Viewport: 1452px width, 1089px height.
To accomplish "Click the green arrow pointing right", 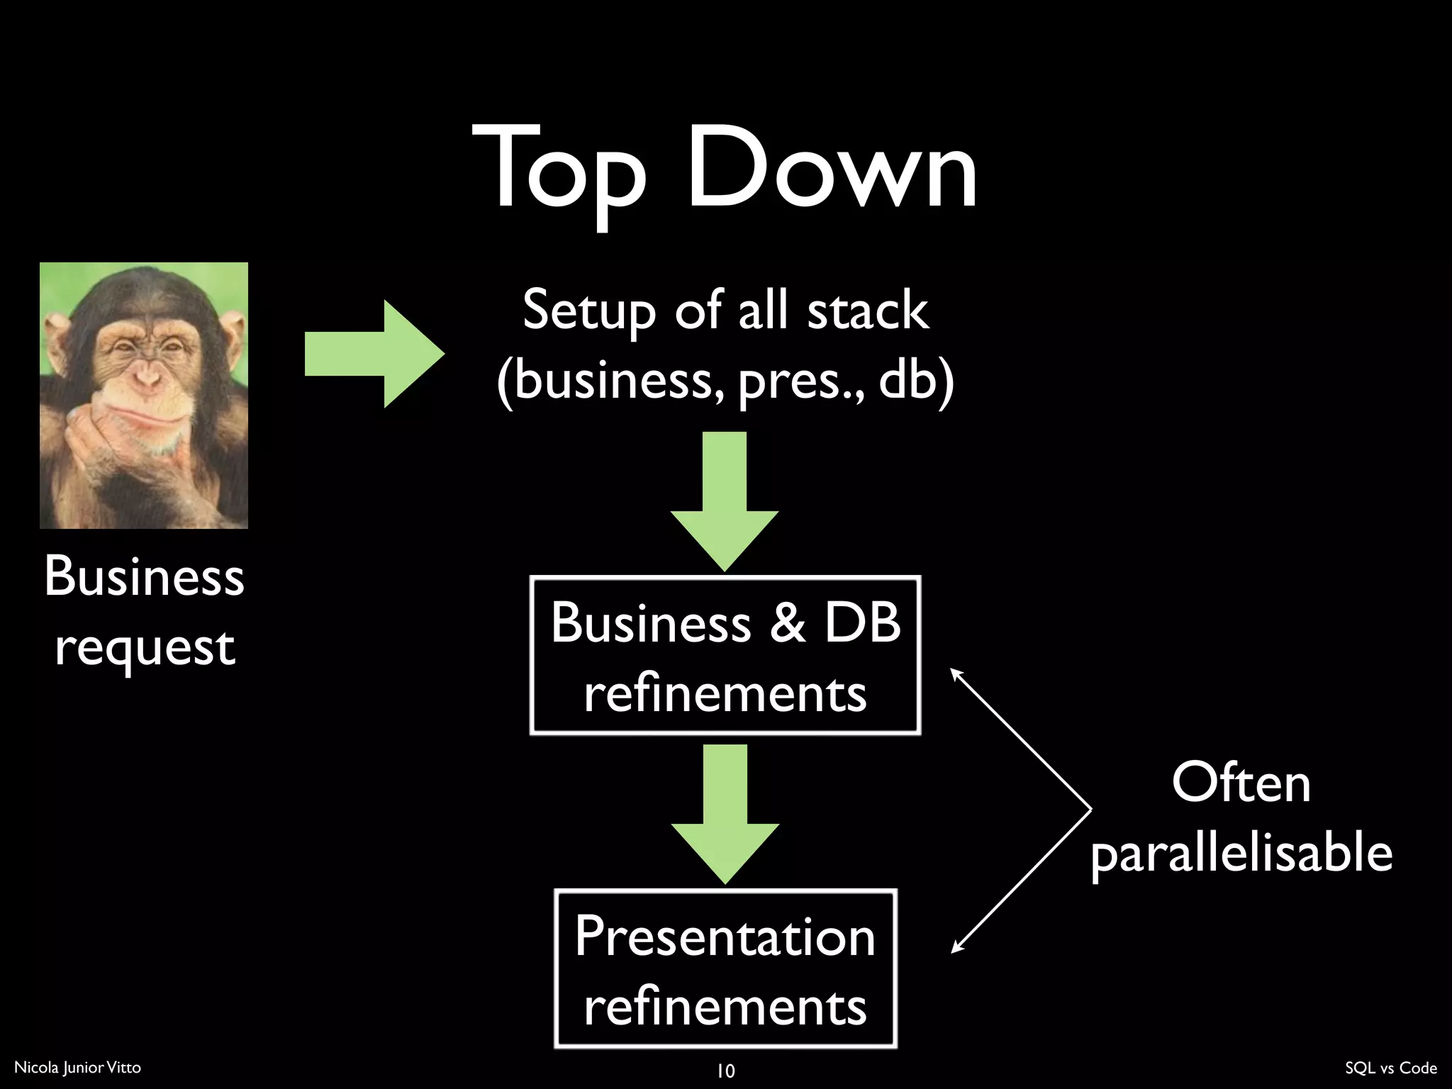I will point(374,354).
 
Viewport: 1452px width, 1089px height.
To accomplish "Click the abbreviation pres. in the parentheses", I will point(801,381).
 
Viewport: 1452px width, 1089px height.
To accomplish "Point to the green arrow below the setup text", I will point(725,500).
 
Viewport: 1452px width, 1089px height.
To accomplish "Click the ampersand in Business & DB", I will point(787,622).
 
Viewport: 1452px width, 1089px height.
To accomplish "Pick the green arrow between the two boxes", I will point(725,812).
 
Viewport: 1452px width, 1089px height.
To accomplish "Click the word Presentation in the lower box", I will point(725,937).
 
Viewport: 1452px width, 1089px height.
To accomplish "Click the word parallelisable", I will point(1241,852).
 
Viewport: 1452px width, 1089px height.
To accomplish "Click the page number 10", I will point(725,1071).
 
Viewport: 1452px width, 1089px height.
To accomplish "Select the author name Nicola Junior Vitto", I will point(78,1068).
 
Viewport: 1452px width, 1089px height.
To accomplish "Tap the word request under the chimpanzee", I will point(145,647).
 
